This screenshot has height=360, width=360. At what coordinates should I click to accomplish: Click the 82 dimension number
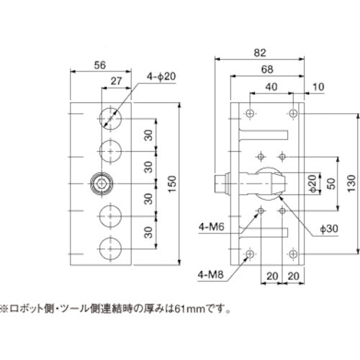(260, 52)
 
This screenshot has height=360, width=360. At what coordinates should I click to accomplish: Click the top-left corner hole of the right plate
(249, 114)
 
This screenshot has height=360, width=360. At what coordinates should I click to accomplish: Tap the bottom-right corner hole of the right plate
(293, 255)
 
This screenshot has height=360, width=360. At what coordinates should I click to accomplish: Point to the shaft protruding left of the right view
(219, 184)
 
